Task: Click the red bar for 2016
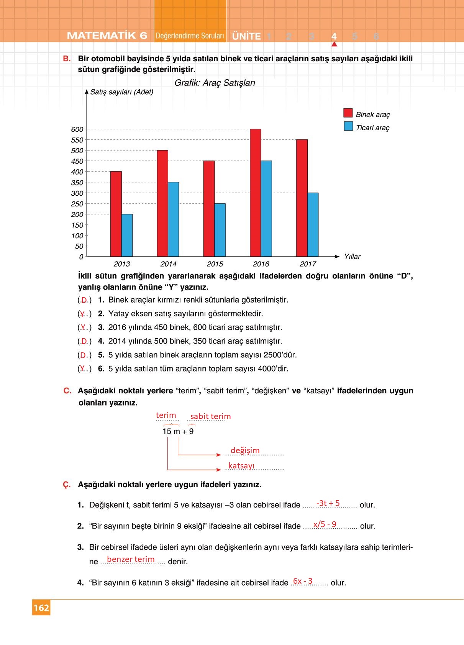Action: point(255,193)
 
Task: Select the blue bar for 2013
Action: point(127,235)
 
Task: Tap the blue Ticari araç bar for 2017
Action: point(313,224)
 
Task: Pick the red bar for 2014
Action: point(162,203)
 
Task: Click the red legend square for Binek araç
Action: point(348,113)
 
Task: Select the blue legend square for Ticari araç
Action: point(348,126)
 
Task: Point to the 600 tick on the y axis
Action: point(77,129)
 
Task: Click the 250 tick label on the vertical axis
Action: point(77,204)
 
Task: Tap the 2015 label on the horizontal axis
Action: point(215,264)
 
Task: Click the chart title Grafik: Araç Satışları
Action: point(215,83)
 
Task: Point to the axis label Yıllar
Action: point(352,257)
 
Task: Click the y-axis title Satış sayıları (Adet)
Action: point(121,92)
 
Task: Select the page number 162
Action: point(41,608)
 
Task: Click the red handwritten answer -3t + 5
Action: point(328,503)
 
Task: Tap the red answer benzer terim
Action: point(131,559)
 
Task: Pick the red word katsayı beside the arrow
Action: point(241,466)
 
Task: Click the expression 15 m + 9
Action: point(178,431)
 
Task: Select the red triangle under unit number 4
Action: point(334,44)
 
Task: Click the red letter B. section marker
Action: point(67,59)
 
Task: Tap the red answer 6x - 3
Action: point(303,581)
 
